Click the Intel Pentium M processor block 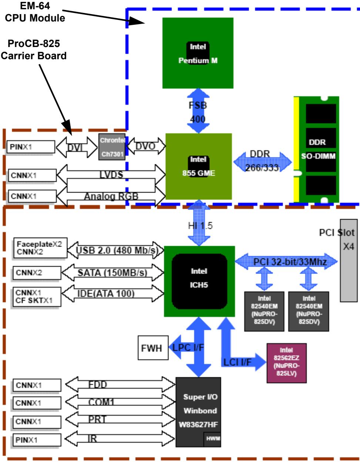click(198, 53)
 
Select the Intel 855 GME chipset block click(199, 167)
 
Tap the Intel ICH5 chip click(199, 281)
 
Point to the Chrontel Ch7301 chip click(112, 147)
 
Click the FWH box click(153, 348)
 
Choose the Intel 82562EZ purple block click(286, 363)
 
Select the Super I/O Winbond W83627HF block click(198, 412)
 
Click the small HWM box click(212, 439)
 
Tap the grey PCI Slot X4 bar click(349, 261)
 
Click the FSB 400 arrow click(198, 111)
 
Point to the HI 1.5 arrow click(199, 223)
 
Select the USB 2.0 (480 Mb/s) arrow click(115, 250)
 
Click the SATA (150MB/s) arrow click(112, 272)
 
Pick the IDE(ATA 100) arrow click(112, 294)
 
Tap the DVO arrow click(146, 146)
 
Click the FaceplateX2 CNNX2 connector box click(40, 248)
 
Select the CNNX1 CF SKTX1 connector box click(37, 297)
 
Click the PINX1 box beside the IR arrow click(37, 440)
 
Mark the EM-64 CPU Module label click(35, 12)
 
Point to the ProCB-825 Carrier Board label click(34, 50)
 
